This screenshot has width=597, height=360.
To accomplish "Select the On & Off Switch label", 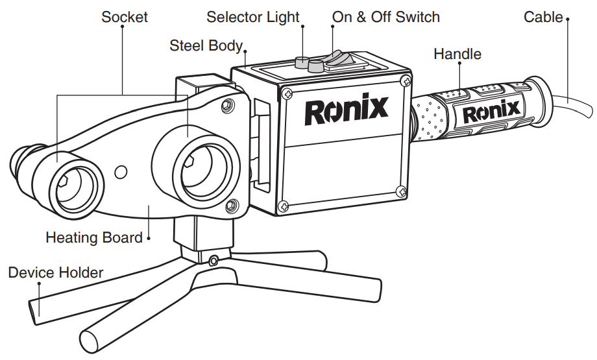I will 386,17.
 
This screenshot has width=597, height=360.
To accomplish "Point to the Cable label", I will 543,17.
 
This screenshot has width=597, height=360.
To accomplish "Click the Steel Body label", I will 206,46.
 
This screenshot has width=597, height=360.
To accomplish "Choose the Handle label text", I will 457,54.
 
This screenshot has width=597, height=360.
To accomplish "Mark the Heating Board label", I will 94,237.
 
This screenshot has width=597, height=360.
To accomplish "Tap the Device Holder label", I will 56,272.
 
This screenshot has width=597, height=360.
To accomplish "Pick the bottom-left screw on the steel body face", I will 283,206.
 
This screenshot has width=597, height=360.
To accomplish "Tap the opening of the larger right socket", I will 201,172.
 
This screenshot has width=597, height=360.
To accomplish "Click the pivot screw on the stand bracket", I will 213,261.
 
